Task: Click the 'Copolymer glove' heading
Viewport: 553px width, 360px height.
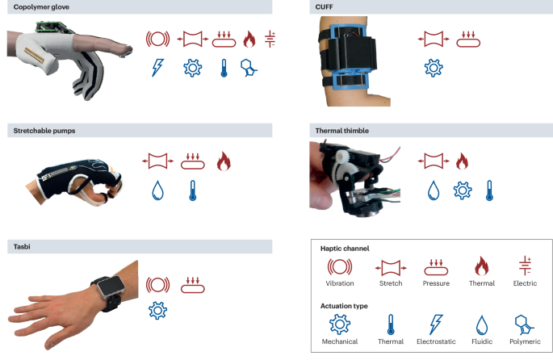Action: point(41,7)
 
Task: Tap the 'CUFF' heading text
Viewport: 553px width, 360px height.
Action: point(324,7)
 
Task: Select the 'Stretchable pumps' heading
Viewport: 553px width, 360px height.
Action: point(44,131)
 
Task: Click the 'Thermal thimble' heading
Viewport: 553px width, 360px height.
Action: point(342,131)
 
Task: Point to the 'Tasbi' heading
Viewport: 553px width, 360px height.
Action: point(22,247)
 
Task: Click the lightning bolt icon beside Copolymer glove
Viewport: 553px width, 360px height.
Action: point(157,67)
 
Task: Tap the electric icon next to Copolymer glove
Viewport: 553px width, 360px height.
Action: point(270,39)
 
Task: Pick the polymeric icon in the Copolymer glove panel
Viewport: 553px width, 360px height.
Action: point(249,68)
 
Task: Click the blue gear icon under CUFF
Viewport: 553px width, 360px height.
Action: point(434,68)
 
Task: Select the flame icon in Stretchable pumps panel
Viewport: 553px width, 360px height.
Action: point(224,161)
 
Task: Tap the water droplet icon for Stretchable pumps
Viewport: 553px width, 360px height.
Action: point(157,190)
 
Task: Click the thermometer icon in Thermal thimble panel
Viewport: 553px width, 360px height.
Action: point(489,190)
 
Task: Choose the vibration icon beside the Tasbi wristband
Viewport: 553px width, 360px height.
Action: point(157,285)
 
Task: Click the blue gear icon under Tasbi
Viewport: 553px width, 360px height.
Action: point(157,311)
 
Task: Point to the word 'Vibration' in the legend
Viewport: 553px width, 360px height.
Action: point(340,283)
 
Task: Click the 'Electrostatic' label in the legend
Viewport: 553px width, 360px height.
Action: point(436,341)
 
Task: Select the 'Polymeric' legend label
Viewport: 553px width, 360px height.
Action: point(525,341)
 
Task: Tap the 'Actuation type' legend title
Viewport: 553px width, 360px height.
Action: point(344,306)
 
